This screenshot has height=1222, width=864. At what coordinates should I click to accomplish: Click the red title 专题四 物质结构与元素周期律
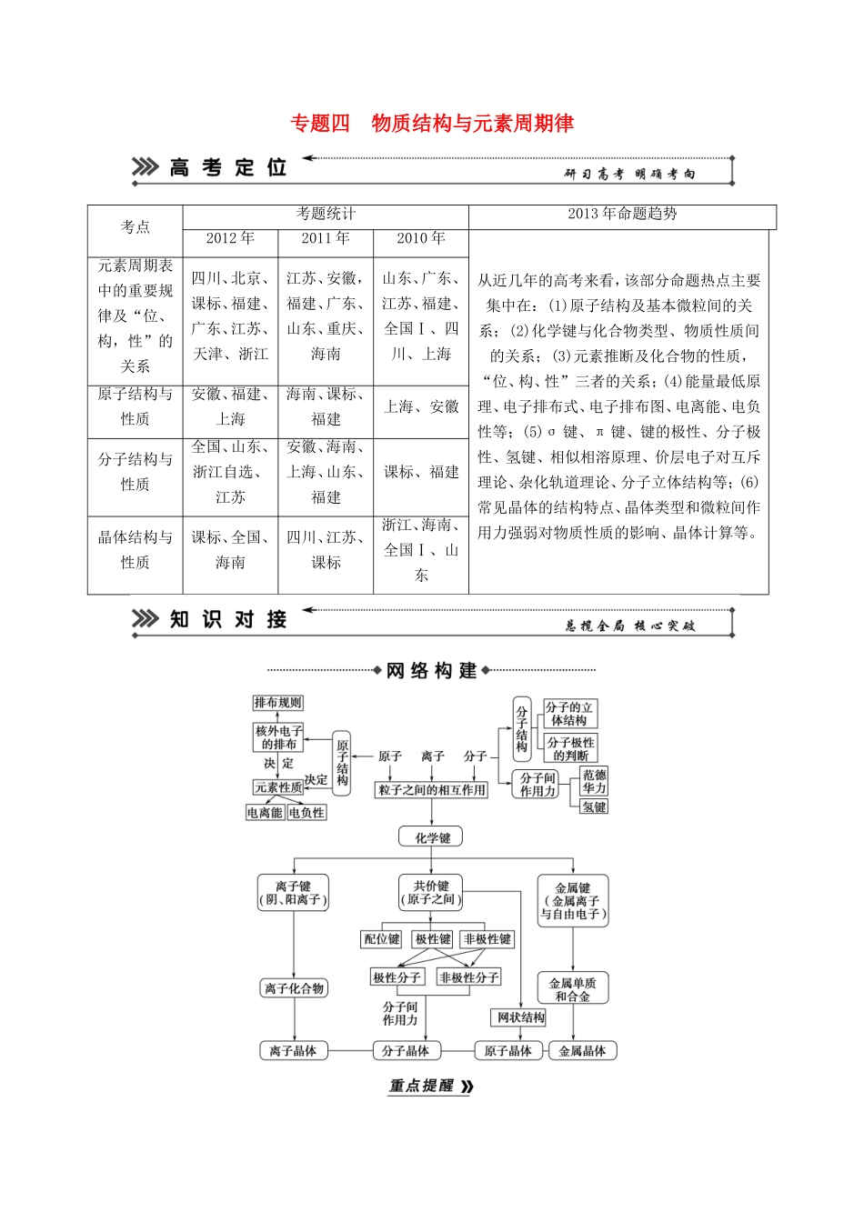(432, 124)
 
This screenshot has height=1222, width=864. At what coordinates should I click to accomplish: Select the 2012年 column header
(230, 238)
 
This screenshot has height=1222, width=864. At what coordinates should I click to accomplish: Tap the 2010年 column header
(421, 238)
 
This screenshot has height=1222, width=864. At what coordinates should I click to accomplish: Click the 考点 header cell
(136, 226)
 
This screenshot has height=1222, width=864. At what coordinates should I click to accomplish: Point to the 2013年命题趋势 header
(622, 214)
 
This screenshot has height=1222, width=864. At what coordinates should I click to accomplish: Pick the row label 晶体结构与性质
(136, 550)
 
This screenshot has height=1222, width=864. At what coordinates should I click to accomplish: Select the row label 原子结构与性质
(136, 406)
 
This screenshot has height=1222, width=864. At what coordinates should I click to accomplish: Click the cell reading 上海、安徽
(421, 406)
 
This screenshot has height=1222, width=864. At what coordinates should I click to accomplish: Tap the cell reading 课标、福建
(421, 472)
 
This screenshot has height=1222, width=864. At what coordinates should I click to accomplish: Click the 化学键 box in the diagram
(432, 837)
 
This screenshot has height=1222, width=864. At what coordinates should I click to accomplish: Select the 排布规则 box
(277, 703)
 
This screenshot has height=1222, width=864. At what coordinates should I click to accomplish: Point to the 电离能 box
(265, 813)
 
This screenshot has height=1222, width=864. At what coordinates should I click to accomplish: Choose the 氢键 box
(594, 806)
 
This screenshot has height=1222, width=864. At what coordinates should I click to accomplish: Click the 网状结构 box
(520, 1017)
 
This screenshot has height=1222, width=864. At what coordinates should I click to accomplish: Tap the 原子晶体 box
(507, 1051)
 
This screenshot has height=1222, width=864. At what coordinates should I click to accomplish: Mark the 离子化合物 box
(294, 988)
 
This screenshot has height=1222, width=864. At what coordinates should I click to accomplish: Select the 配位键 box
(382, 939)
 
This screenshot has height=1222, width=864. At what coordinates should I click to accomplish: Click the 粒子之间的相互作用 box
(432, 790)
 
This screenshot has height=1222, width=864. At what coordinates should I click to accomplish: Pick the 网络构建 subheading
(432, 671)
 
